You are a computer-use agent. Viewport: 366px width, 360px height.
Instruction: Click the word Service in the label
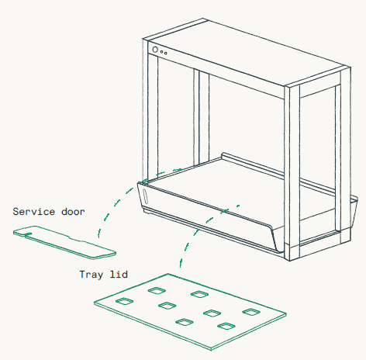click(x=34, y=212)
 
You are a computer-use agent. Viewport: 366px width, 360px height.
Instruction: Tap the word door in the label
click(x=73, y=212)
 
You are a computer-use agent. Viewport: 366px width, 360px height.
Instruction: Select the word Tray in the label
click(x=91, y=275)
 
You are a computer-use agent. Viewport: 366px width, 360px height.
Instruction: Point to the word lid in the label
click(x=119, y=274)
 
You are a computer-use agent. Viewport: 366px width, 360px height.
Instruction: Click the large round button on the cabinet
click(x=155, y=50)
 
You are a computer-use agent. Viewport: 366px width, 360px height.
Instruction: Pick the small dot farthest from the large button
click(x=166, y=54)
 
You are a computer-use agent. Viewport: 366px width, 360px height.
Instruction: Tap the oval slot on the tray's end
click(x=145, y=196)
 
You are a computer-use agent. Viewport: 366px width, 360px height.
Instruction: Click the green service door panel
click(x=64, y=242)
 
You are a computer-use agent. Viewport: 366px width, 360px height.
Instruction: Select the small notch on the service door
click(x=28, y=234)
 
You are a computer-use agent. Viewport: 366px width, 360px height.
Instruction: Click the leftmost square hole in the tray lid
click(x=124, y=301)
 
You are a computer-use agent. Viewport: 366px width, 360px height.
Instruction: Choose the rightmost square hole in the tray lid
click(x=251, y=312)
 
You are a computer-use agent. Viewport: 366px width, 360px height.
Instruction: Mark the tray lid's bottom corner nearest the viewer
click(x=212, y=350)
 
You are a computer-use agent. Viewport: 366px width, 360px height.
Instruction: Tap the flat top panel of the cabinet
click(x=246, y=52)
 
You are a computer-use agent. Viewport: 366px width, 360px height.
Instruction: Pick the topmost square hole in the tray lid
click(x=157, y=290)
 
